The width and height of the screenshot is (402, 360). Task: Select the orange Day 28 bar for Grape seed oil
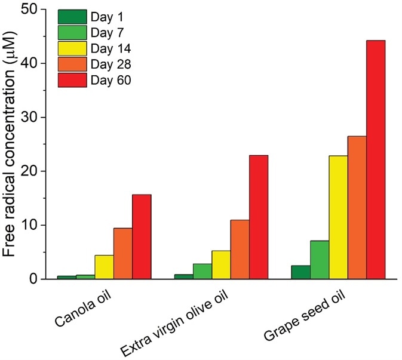(357, 207)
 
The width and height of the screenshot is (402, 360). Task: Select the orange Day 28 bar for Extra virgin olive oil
(240, 249)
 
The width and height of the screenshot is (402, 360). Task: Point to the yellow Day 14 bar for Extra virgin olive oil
(222, 264)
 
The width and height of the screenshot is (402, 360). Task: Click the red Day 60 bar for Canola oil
(142, 236)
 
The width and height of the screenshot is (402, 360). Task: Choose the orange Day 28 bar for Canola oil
(123, 253)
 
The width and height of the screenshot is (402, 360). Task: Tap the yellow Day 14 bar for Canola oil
(105, 267)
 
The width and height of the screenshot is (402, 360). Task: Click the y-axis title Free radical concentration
(11, 143)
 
